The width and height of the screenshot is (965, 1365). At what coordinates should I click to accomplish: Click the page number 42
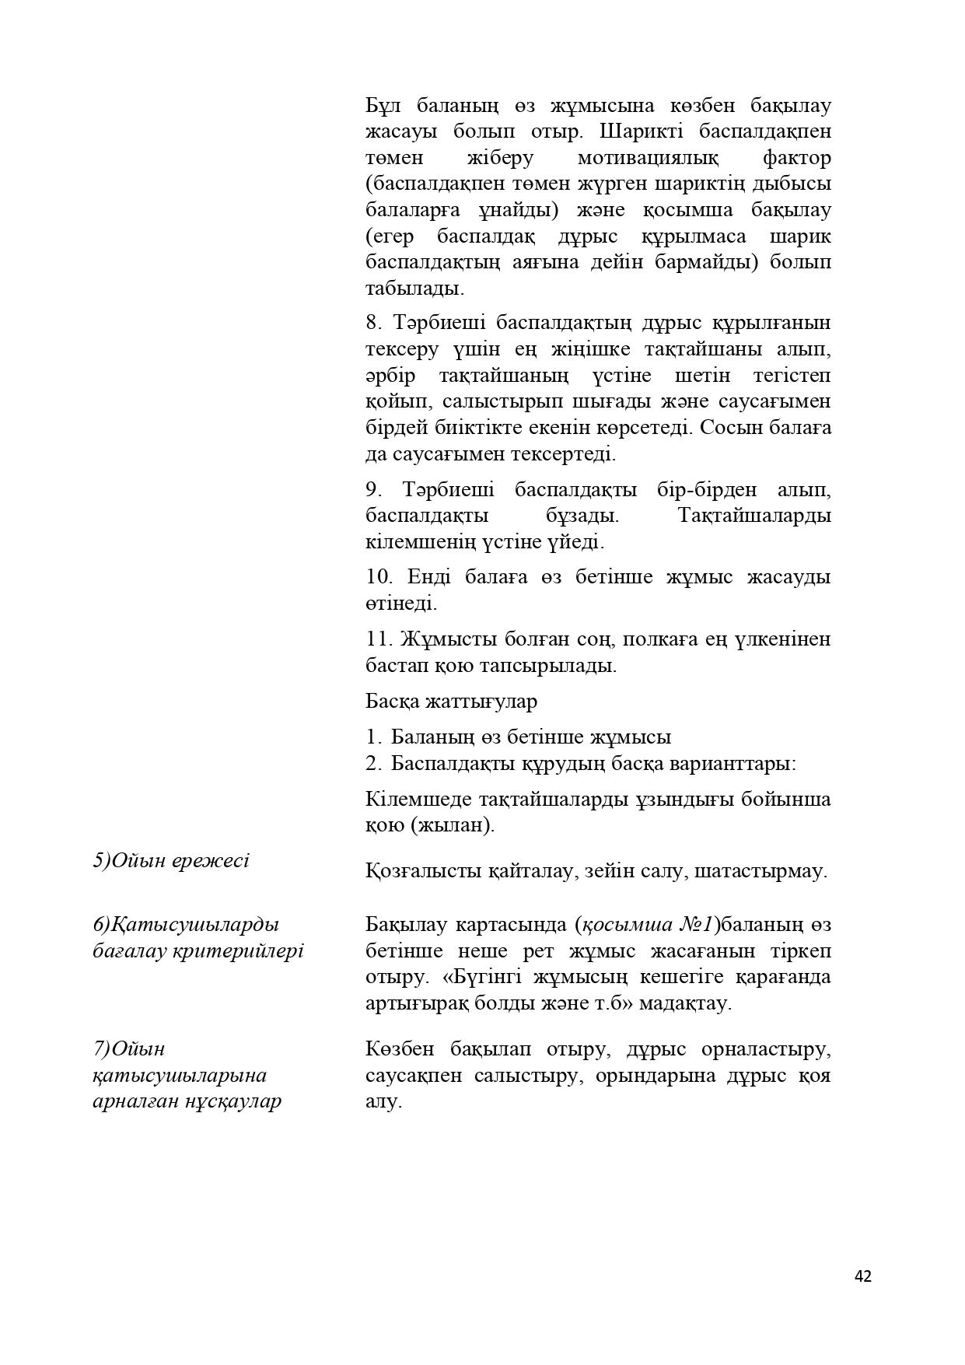tap(862, 1276)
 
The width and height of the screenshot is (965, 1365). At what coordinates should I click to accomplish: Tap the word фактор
tap(796, 158)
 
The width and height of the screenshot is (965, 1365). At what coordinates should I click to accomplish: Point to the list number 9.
tap(374, 490)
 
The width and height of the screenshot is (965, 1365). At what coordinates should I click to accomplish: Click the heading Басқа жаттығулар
tap(451, 701)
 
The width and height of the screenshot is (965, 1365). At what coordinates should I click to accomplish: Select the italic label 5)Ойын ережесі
tap(171, 861)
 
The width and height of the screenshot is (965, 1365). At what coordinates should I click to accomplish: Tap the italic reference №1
tap(696, 925)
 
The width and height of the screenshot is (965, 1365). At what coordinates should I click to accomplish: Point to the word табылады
tap(414, 289)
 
